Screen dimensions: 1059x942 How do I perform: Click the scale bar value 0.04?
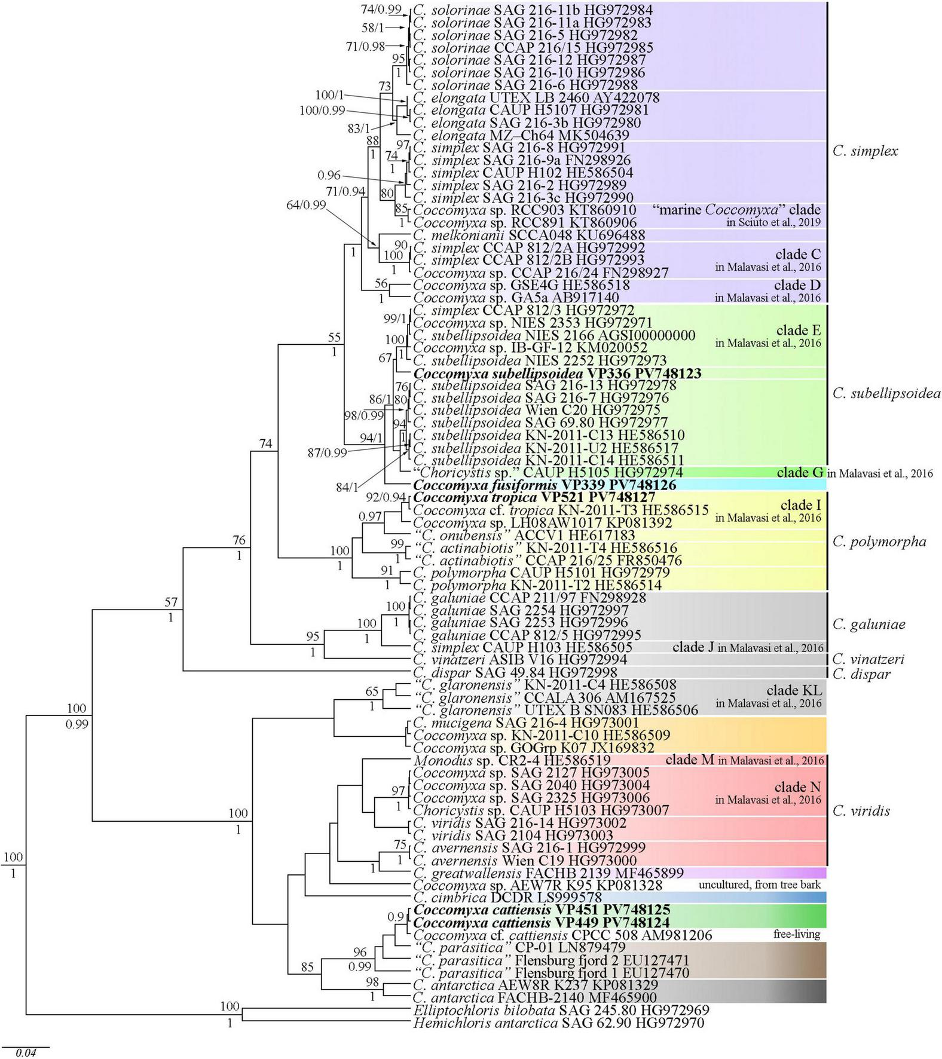pos(26,1052)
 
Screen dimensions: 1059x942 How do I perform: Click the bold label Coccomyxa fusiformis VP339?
pos(545,485)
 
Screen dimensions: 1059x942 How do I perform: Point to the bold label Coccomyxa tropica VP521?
pos(534,497)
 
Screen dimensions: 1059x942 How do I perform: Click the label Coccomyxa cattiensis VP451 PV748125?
pos(542,910)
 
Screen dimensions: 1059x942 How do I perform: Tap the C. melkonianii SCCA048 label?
pos(529,235)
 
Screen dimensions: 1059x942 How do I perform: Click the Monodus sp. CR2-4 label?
pos(512,760)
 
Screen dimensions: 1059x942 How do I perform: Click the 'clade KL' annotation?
pos(794,690)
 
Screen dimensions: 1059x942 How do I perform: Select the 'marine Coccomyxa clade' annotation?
pos(736,210)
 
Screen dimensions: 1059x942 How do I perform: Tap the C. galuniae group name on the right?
pos(868,625)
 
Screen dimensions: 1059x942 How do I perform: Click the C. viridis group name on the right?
pos(861,811)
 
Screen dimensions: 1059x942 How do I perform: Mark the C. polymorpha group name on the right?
pos(879,542)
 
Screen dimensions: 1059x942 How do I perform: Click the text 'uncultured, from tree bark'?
pos(759,884)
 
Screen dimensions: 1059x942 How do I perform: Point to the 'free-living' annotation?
pos(796,934)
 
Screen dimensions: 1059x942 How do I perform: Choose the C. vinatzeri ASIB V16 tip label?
pos(520,659)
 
